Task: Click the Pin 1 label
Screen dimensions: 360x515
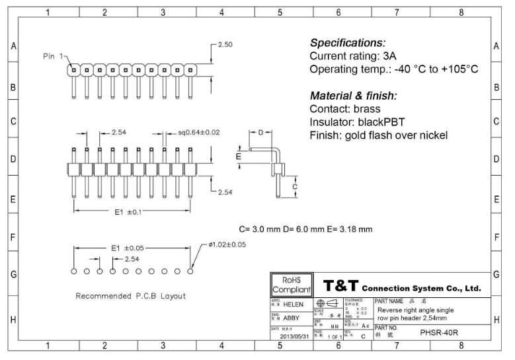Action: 52,57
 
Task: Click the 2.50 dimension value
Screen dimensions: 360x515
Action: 225,44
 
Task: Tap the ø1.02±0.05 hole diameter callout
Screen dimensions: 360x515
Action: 227,245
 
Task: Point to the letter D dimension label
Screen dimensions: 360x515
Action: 260,133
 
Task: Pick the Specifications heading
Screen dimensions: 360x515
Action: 348,42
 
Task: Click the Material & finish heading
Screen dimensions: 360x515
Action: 353,95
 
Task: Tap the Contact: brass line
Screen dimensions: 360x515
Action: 345,109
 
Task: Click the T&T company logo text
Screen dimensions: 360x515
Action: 340,286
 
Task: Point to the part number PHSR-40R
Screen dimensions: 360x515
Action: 438,333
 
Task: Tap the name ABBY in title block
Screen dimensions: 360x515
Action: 292,318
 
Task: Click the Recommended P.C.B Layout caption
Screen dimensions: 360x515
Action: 131,295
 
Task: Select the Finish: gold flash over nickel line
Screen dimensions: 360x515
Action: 378,135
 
